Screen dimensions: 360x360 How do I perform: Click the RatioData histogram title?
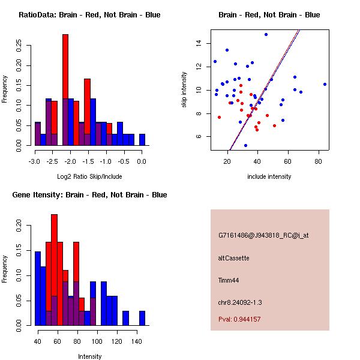point(89,15)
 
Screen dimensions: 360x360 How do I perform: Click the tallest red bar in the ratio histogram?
point(65,90)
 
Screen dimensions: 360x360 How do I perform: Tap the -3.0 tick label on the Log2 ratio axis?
point(35,161)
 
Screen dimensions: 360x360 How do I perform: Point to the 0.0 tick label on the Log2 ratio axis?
point(142,161)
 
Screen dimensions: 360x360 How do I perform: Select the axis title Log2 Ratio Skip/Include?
point(89,176)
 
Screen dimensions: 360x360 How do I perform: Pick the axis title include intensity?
point(269,176)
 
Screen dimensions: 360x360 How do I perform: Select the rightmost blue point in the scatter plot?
point(325,85)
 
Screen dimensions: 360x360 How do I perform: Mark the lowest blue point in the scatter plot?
point(245,145)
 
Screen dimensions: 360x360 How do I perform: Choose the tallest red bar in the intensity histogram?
point(55,270)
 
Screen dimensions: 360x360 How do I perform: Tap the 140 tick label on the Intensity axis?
point(136,341)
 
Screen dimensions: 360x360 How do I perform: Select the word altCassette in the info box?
point(233,258)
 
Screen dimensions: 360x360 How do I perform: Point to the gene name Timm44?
point(229,280)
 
